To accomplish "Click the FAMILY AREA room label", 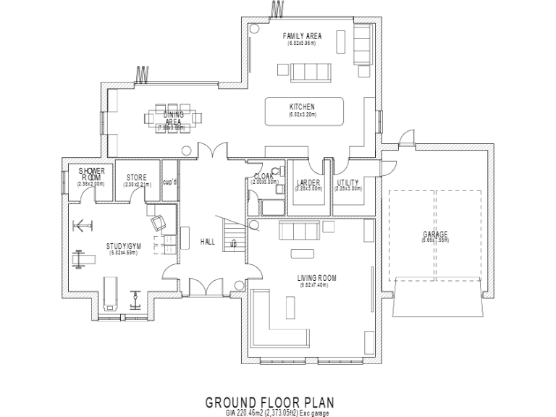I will tap(302, 35).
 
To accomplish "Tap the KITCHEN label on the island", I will tap(302, 106).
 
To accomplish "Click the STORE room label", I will tap(137, 177).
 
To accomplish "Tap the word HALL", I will tap(208, 243).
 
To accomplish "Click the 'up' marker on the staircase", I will tap(233, 244).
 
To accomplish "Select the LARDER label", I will tap(303, 182).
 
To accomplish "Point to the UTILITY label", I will tap(347, 182).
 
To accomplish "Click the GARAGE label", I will tap(435, 235).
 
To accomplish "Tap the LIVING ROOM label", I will tap(316, 278).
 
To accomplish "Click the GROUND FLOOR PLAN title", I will tap(269, 401).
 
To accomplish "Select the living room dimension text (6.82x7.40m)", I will tap(316, 285).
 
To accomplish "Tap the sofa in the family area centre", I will tap(302, 70).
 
